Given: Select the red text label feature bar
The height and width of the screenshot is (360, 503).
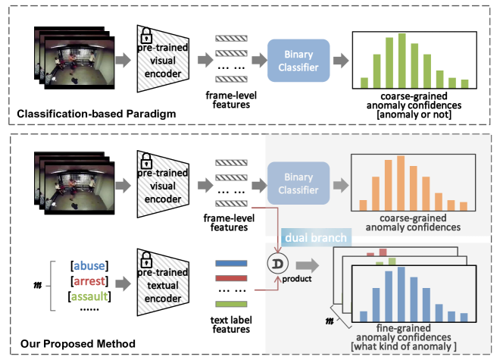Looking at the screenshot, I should coord(232,278).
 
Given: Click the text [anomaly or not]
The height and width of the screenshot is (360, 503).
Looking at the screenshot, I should coord(413,114).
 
